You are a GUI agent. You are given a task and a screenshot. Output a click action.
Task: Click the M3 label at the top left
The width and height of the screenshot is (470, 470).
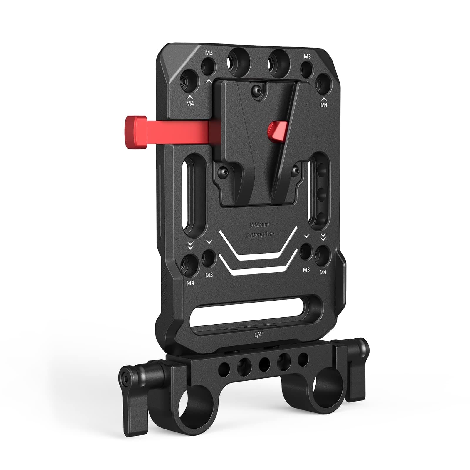click(x=209, y=53)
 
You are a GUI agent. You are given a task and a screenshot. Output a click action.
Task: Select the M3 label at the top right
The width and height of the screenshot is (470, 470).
click(x=307, y=56)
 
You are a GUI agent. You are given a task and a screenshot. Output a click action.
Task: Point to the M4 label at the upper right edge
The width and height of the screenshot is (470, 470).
click(x=324, y=105)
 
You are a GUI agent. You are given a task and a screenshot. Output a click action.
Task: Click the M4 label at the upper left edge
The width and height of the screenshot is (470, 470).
click(x=190, y=103)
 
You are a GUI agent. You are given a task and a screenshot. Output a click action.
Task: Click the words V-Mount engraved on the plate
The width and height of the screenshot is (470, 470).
click(x=259, y=225)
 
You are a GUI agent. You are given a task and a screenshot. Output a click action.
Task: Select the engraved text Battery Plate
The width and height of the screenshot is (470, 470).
click(x=260, y=235)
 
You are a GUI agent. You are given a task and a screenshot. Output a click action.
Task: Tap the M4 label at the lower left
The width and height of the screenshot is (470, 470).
click(x=191, y=283)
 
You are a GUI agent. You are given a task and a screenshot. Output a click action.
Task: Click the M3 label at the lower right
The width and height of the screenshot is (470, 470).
click(x=306, y=269)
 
